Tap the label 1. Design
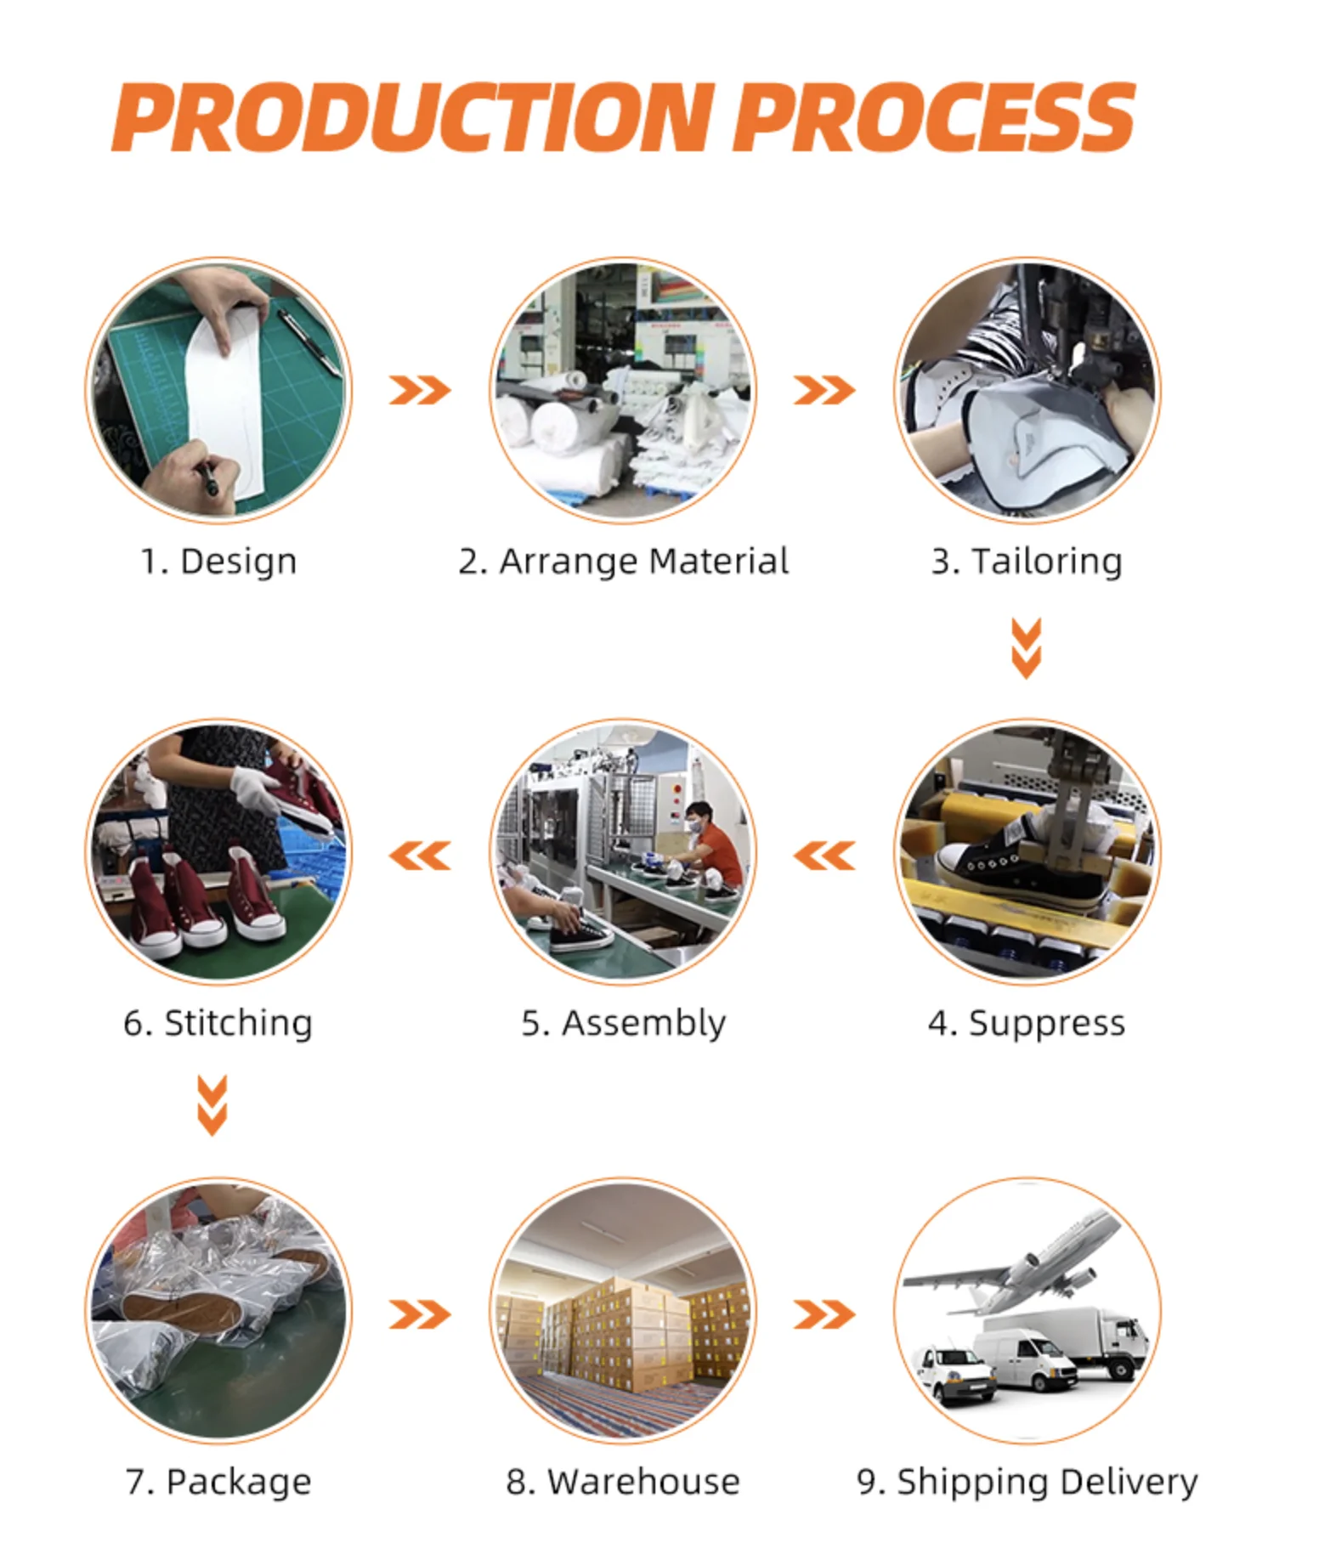click(x=218, y=562)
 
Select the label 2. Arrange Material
click(x=623, y=562)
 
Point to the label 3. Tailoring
click(x=1027, y=562)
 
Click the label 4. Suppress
click(x=1027, y=1023)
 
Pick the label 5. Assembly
click(x=623, y=1023)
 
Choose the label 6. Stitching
click(x=218, y=1023)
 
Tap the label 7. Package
click(x=218, y=1483)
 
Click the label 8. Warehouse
click(x=623, y=1483)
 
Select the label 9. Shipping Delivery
click(x=1027, y=1483)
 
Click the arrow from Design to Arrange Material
click(x=420, y=391)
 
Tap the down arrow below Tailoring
click(x=1027, y=648)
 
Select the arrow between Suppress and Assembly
click(x=824, y=856)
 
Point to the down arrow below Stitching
click(x=212, y=1105)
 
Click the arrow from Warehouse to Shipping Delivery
click(x=824, y=1314)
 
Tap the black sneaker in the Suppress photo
click(x=994, y=858)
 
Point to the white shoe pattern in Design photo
click(x=225, y=399)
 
